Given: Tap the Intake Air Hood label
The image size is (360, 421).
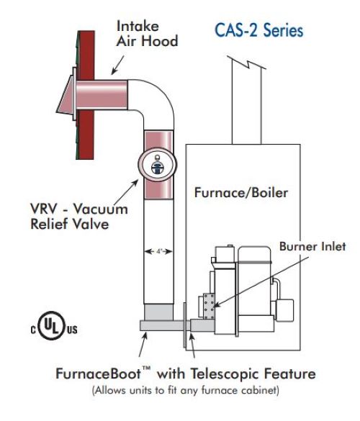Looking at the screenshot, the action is pyautogui.click(x=147, y=34).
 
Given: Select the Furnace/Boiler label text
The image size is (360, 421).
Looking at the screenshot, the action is pyautogui.click(x=241, y=193).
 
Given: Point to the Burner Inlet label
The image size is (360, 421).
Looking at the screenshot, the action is pyautogui.click(x=312, y=246).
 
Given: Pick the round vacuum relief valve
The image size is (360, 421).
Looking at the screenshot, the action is pyautogui.click(x=158, y=165).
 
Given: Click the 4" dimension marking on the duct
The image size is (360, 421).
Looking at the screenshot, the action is pyautogui.click(x=158, y=252).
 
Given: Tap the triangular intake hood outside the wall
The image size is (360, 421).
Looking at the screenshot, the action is pyautogui.click(x=65, y=95).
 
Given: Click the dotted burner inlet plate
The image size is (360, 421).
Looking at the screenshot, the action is pyautogui.click(x=209, y=306).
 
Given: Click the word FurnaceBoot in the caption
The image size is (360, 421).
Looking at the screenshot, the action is pyautogui.click(x=99, y=374).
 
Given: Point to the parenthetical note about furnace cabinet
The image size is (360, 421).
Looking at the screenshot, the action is pyautogui.click(x=185, y=390).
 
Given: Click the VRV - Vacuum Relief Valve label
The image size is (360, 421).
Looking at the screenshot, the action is pyautogui.click(x=79, y=216).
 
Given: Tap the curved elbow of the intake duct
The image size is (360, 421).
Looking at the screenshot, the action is pyautogui.click(x=156, y=99).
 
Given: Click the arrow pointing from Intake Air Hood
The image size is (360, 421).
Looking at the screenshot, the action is pyautogui.click(x=117, y=65).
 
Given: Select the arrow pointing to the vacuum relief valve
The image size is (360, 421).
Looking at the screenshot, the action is pyautogui.click(x=126, y=194).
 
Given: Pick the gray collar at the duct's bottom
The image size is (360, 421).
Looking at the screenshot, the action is pyautogui.click(x=158, y=312).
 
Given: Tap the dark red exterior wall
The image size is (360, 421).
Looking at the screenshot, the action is pyautogui.click(x=86, y=95).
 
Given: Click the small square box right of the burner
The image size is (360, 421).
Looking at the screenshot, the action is pyautogui.click(x=285, y=310).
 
